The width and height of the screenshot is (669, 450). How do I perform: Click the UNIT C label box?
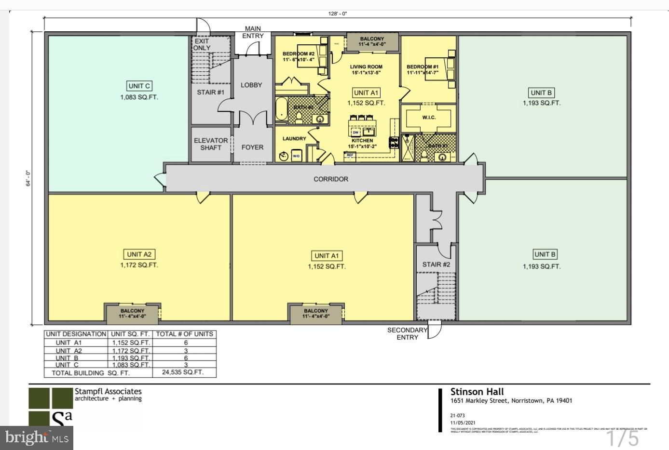tap(139, 86)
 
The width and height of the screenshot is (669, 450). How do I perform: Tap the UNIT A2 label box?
tap(139, 254)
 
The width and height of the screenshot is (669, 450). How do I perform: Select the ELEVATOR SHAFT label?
tap(211, 144)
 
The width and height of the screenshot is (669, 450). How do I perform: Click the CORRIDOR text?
tap(331, 179)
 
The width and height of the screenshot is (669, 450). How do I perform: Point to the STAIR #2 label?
tap(436, 265)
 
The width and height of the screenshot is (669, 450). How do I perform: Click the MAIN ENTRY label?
tap(253, 32)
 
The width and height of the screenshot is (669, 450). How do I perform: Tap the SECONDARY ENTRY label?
tap(408, 333)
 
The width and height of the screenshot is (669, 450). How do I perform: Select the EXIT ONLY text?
tap(202, 44)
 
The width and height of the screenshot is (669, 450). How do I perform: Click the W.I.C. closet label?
tap(429, 118)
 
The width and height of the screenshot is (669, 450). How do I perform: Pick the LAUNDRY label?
tap(294, 139)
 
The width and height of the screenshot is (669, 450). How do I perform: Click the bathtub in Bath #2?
tap(281, 109)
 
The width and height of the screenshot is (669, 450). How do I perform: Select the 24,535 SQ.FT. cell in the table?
tap(184, 372)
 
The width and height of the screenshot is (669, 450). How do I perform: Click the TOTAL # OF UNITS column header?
tap(184, 334)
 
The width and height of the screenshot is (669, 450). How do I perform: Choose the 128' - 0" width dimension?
tap(338, 14)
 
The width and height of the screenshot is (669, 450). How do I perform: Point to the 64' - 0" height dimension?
tap(28, 178)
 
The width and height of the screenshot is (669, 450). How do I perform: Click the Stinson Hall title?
tap(477, 392)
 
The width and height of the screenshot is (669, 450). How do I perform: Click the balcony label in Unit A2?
tap(132, 314)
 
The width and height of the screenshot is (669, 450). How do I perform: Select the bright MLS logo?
tap(37, 437)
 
